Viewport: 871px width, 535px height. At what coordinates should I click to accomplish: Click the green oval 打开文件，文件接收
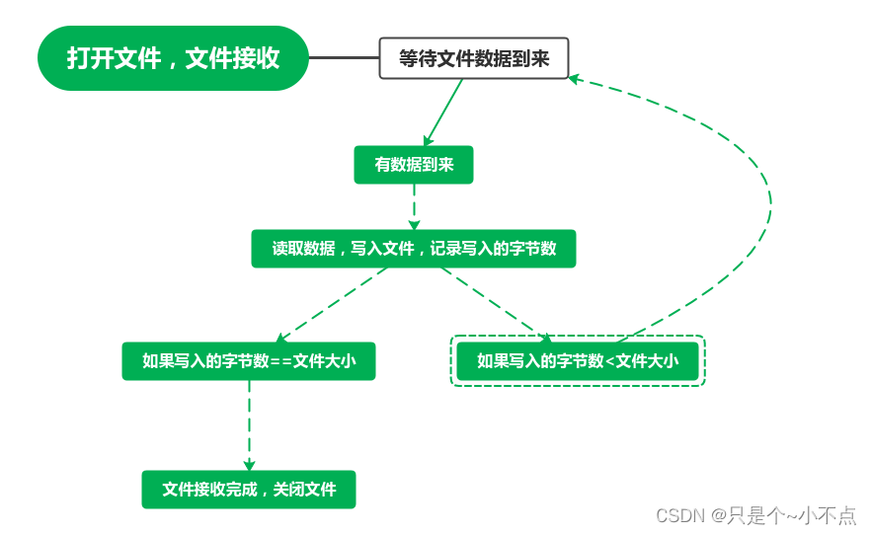coord(173,57)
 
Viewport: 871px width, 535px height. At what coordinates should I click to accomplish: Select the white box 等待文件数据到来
coord(474,58)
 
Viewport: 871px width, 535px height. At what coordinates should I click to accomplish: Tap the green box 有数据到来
coord(414,165)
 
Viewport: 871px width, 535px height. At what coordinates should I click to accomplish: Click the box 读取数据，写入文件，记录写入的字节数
coord(414,249)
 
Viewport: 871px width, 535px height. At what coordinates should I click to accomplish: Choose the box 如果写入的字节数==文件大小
coord(249,361)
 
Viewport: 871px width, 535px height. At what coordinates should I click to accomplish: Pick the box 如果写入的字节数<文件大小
coord(578,361)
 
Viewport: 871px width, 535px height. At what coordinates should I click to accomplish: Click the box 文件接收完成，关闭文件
coord(249,490)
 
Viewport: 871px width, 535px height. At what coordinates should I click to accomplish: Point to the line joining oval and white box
coord(344,57)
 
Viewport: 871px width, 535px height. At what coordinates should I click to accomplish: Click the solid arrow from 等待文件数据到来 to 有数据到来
coord(442,113)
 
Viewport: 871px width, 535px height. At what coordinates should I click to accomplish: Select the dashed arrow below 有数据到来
coord(414,206)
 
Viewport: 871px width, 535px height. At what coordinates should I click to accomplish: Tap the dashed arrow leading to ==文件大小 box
coord(331,305)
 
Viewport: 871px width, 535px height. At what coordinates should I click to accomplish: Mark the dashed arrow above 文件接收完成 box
coord(249,425)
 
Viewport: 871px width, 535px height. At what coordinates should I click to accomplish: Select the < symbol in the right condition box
coord(610,362)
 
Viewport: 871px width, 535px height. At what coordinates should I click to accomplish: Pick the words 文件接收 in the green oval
coord(232,58)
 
